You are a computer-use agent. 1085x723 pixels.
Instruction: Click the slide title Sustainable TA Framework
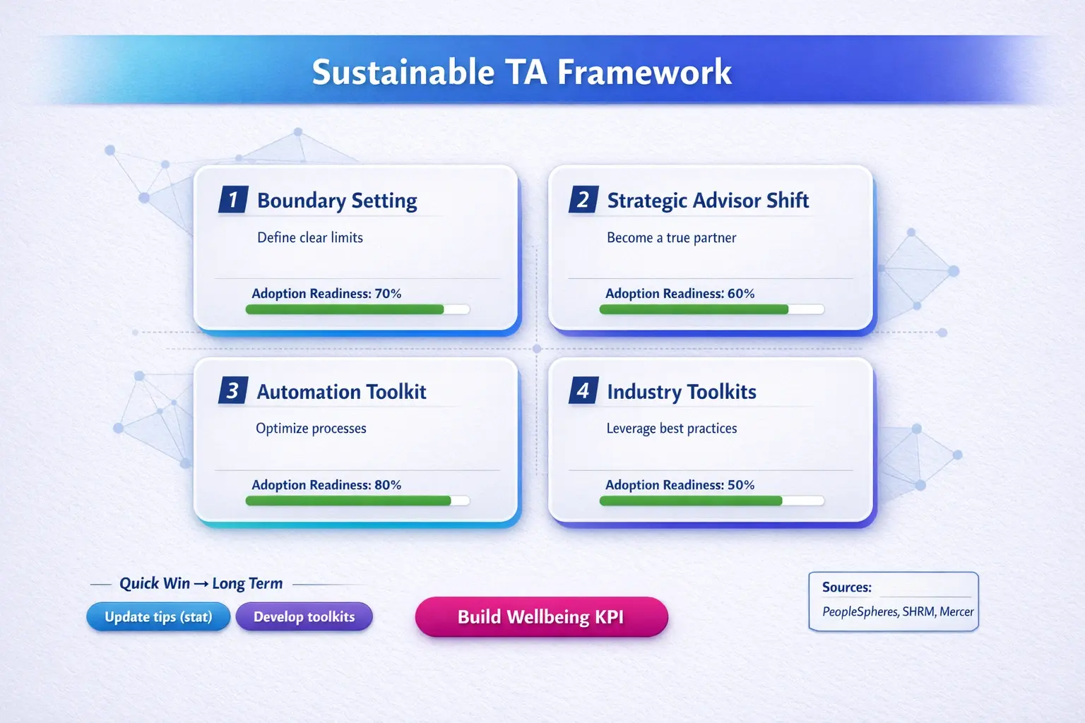pyautogui.click(x=522, y=73)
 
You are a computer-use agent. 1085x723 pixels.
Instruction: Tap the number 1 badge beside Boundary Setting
pyautogui.click(x=234, y=199)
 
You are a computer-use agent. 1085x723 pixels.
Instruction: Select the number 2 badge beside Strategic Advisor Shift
pyautogui.click(x=583, y=199)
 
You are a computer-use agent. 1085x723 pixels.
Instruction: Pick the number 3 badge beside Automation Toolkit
pyautogui.click(x=234, y=390)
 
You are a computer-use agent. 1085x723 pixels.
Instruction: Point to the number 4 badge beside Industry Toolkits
pyautogui.click(x=583, y=390)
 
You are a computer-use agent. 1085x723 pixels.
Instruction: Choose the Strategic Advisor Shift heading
pyautogui.click(x=708, y=201)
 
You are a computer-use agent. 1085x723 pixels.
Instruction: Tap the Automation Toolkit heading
pyautogui.click(x=341, y=392)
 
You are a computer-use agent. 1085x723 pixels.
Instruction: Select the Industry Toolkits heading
pyautogui.click(x=682, y=392)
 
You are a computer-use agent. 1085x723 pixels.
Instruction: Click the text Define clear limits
pyautogui.click(x=310, y=237)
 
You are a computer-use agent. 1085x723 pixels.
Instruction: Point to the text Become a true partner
pyautogui.click(x=671, y=237)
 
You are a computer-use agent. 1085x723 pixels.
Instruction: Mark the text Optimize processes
pyautogui.click(x=311, y=428)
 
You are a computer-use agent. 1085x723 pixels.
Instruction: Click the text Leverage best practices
pyautogui.click(x=672, y=428)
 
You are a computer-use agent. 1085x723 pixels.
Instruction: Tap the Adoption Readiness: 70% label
pyautogui.click(x=326, y=294)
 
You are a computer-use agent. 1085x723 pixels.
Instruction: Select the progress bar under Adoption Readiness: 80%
pyautogui.click(x=357, y=501)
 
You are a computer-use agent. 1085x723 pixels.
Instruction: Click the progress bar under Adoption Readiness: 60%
pyautogui.click(x=711, y=309)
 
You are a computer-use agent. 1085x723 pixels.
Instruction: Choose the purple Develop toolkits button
pyautogui.click(x=304, y=616)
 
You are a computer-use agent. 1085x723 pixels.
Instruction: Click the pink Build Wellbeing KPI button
pyautogui.click(x=542, y=616)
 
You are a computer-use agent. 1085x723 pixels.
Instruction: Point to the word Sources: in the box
pyautogui.click(x=847, y=587)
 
